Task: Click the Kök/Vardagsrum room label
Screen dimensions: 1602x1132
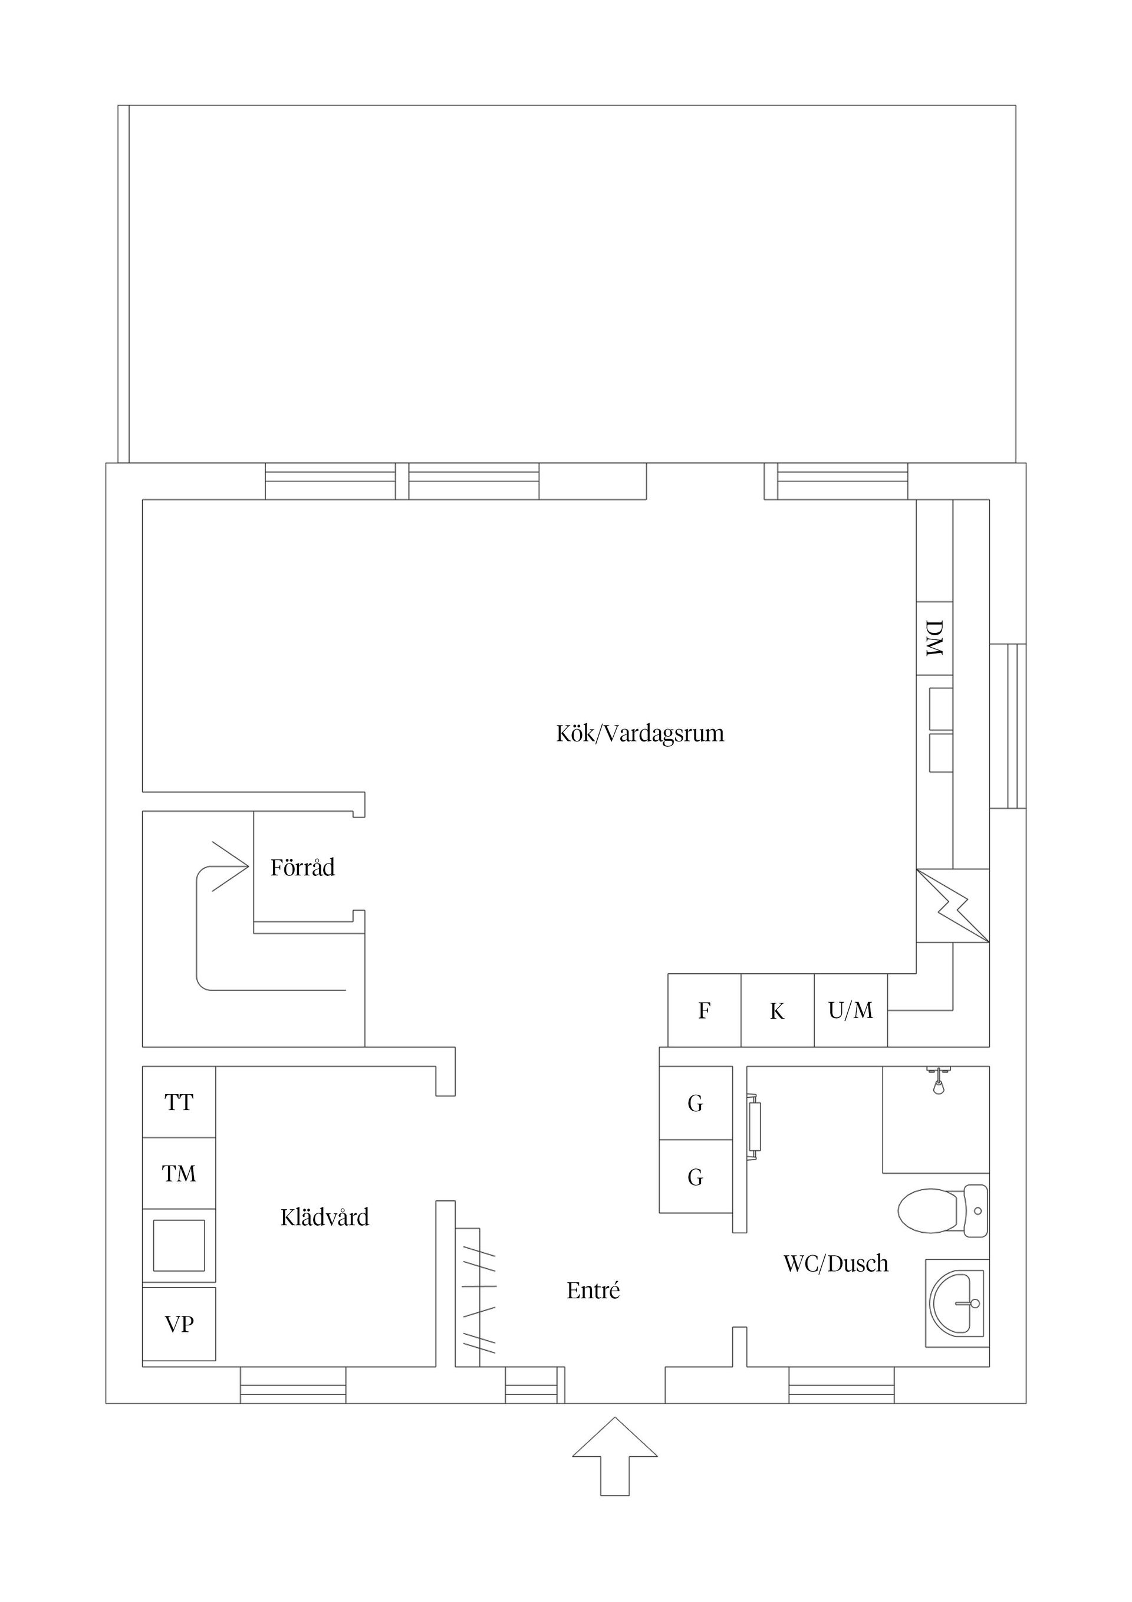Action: [640, 734]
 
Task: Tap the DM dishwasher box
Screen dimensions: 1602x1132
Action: [934, 638]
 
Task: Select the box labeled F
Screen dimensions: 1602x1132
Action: [705, 1010]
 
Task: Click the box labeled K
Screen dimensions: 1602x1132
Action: [777, 1011]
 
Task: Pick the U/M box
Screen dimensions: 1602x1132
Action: [850, 1010]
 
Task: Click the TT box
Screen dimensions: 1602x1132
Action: [179, 1102]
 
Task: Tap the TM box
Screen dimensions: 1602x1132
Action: [179, 1174]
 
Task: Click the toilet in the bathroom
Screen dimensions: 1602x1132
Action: [942, 1210]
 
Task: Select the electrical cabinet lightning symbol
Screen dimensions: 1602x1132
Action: [953, 905]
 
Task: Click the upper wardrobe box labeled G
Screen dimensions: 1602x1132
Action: [695, 1103]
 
